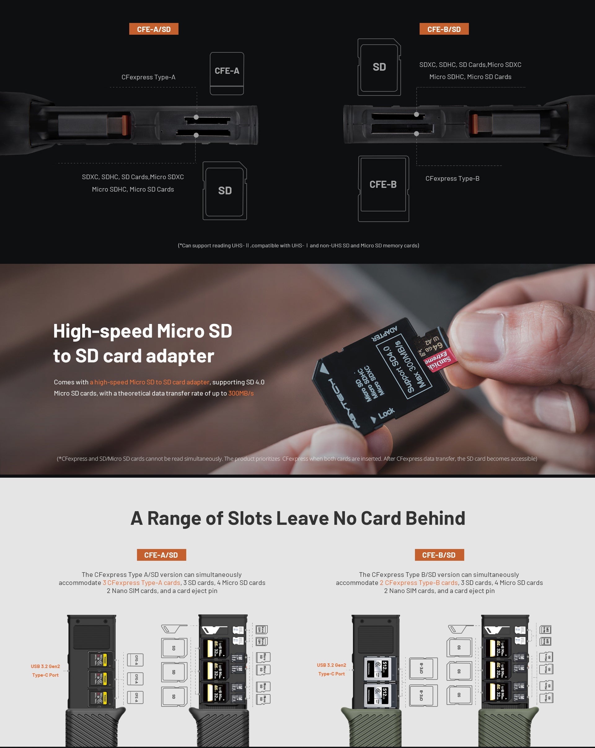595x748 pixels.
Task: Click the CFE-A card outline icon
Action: pos(227,73)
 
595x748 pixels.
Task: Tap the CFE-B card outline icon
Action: pos(383,188)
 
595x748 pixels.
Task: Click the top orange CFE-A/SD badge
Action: pos(154,29)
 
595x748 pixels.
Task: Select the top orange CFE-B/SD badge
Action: pos(444,29)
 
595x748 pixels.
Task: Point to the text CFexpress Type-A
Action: pos(148,77)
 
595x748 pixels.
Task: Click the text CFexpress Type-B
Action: pos(452,178)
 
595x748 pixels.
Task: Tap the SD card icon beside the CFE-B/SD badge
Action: pos(379,67)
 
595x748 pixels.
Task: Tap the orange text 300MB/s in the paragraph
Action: pos(241,393)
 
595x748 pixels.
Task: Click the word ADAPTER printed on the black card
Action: pos(385,334)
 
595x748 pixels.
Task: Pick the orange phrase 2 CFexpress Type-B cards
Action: pos(418,582)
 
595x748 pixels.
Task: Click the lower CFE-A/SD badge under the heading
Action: pos(161,555)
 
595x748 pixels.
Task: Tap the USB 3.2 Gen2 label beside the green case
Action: pos(331,665)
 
